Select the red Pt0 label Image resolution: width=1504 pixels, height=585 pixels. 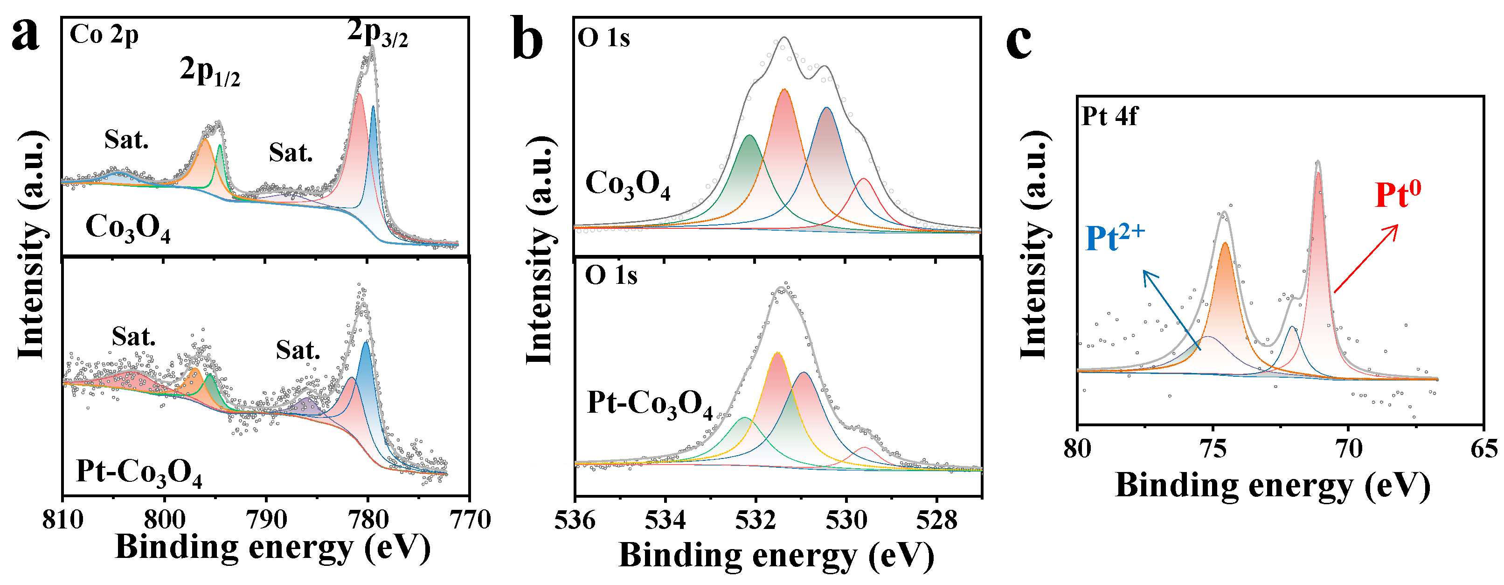pos(1398,195)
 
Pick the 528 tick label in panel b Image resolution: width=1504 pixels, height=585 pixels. pos(936,520)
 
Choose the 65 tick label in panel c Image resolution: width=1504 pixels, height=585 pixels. pos(1483,449)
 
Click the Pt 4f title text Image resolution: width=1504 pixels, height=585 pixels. pos(1109,116)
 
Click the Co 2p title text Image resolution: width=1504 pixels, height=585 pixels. pos(104,35)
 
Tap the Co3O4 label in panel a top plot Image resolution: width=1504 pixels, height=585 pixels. pos(128,228)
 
